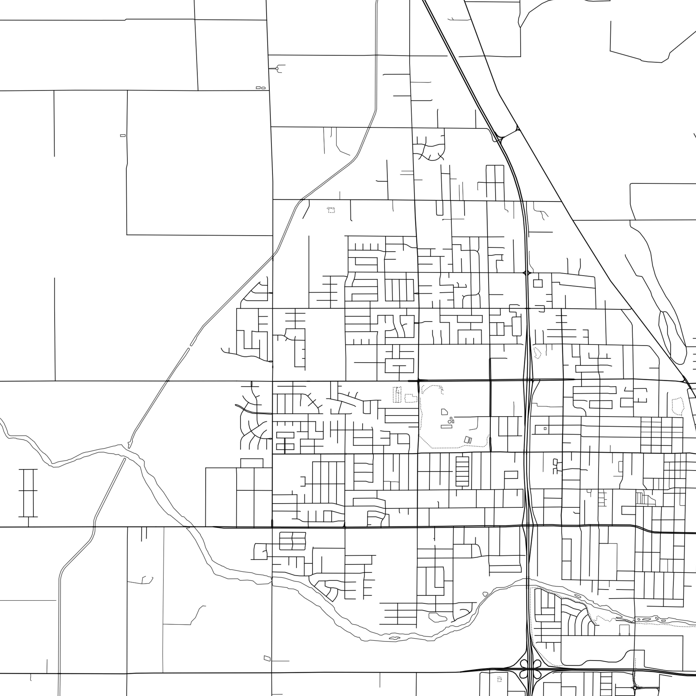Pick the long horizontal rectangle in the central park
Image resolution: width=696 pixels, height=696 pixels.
click(446, 427)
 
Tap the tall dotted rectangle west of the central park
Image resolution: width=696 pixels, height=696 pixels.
click(397, 394)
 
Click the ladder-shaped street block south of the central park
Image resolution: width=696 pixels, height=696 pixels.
click(462, 471)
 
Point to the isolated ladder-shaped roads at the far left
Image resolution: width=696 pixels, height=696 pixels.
click(28, 493)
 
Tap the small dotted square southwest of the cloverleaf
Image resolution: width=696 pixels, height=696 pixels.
click(499, 680)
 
